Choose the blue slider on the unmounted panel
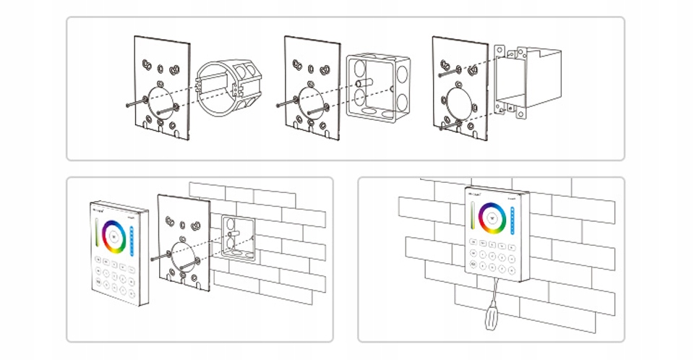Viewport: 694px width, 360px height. point(132,241)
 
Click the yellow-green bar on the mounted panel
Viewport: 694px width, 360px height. point(474,215)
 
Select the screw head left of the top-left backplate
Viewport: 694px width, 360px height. point(127,106)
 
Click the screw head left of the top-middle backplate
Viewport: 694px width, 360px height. point(279,106)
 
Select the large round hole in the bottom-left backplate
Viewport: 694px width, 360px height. point(183,254)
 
